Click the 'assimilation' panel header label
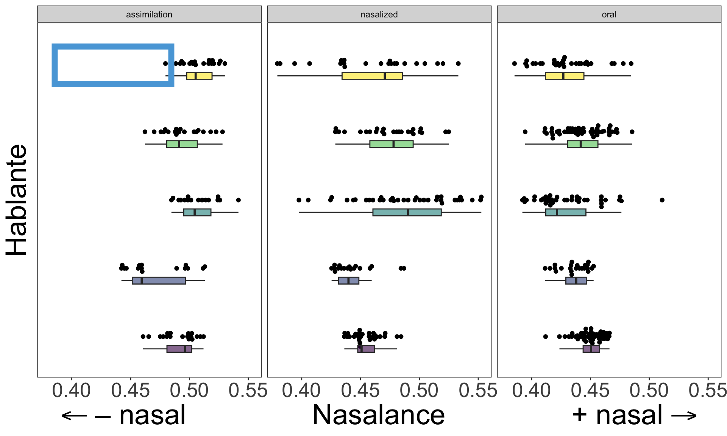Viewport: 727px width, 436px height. [x=149, y=14]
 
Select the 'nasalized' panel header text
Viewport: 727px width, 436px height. [x=379, y=14]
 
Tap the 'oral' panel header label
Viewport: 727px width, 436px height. [x=609, y=14]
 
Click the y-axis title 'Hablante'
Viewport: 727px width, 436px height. [x=17, y=200]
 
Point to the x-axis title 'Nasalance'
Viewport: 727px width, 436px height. [x=379, y=415]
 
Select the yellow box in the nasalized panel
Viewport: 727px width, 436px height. [x=372, y=76]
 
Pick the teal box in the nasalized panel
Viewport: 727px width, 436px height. [x=407, y=212]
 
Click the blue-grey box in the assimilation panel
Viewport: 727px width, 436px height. [x=159, y=280]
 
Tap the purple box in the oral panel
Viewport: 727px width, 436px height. [x=591, y=349]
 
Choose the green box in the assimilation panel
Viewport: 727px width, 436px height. [x=182, y=144]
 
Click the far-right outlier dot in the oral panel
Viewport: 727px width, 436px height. [x=662, y=200]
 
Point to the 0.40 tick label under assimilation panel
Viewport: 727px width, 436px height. [x=72, y=390]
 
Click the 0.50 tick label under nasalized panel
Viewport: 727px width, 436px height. [x=419, y=390]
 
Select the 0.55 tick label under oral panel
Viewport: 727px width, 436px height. [x=708, y=390]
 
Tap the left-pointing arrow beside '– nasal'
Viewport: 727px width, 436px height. [x=74, y=416]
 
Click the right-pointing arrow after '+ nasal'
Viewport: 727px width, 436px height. [x=684, y=416]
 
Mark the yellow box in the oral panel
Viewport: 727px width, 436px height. [x=564, y=76]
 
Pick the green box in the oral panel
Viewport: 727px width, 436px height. [x=582, y=144]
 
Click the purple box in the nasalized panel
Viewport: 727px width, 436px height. [x=366, y=349]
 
